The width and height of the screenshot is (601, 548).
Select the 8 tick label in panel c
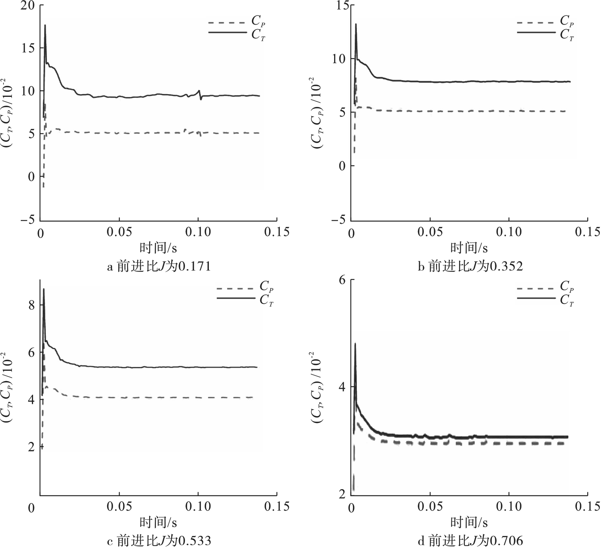30,305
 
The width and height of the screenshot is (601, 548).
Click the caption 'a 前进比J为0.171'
158,267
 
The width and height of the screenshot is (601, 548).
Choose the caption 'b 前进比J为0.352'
470,267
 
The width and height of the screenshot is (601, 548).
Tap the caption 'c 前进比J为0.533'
158,540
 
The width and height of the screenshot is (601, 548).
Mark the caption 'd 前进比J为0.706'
470,540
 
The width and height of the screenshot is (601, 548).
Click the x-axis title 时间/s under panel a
158,248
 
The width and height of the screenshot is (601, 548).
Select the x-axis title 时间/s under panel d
469,522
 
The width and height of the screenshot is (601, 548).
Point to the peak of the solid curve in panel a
45,25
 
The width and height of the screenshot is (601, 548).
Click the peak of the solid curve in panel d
355,343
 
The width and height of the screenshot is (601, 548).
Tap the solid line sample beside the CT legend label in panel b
536,32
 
